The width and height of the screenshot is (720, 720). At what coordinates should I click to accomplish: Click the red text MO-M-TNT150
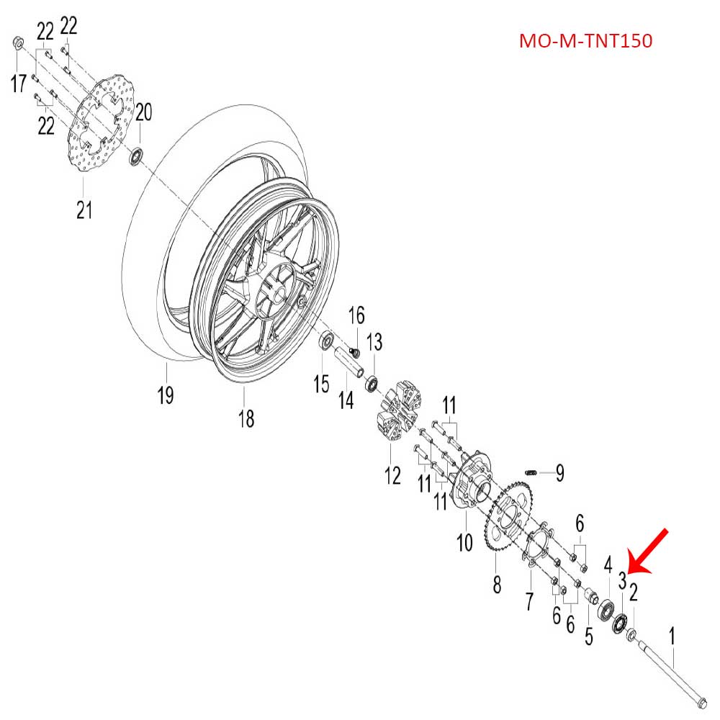[585, 41]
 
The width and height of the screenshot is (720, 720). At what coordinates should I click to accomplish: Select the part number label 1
[672, 636]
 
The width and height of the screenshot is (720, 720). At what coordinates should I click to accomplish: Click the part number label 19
[166, 395]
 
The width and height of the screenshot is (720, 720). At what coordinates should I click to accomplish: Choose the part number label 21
[85, 210]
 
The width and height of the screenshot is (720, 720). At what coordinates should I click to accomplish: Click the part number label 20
[144, 112]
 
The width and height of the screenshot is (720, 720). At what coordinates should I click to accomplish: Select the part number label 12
[392, 475]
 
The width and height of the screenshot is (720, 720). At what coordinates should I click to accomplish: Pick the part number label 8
[496, 585]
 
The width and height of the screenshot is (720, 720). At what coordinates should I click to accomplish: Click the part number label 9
[559, 473]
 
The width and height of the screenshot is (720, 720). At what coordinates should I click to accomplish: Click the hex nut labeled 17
[19, 45]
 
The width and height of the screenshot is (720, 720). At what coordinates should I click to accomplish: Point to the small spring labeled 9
[531, 472]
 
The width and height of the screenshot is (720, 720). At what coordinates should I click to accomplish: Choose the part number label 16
[357, 315]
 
